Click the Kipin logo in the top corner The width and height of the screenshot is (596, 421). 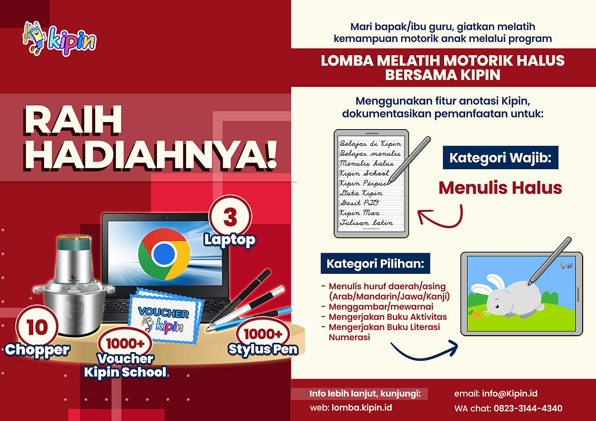59,39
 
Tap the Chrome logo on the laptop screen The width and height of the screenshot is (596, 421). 164,254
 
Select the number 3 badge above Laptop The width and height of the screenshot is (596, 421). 230,217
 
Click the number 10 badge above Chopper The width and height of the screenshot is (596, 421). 37,327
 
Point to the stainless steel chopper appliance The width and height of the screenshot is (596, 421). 73,286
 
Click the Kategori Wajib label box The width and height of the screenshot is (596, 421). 501,157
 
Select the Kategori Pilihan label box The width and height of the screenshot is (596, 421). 375,263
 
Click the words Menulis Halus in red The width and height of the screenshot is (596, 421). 500,188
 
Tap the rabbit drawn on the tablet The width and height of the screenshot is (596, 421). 506,296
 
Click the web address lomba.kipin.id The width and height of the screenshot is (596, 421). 362,408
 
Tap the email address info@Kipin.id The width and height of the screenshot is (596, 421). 510,394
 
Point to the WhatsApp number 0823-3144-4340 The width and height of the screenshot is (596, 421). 528,408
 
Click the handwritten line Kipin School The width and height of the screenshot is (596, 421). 364,173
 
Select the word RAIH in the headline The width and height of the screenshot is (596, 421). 73,120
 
